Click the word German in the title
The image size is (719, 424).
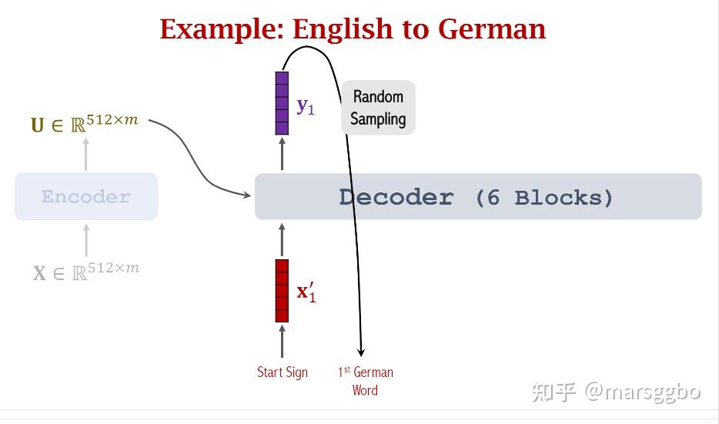[x=492, y=29]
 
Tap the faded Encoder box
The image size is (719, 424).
[x=86, y=196]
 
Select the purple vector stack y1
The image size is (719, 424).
[x=282, y=103]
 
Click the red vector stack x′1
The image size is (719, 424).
[x=282, y=291]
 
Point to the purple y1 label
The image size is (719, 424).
[x=306, y=106]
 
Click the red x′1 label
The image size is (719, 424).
[x=306, y=292]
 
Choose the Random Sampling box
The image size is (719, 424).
[x=378, y=107]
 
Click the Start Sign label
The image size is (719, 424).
[x=282, y=372]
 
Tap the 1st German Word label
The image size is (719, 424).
[x=366, y=381]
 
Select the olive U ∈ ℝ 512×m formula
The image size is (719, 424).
[x=85, y=123]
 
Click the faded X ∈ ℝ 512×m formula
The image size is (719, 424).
[x=85, y=272]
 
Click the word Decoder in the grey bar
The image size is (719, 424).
[x=396, y=198]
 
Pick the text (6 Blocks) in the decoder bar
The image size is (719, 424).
[x=544, y=198]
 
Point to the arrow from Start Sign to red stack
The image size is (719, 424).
[x=282, y=341]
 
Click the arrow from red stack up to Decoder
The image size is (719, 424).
[x=282, y=240]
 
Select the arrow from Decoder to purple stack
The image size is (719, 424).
[x=282, y=154]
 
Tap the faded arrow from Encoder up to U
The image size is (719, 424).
[x=85, y=154]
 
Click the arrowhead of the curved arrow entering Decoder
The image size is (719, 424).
[x=246, y=195]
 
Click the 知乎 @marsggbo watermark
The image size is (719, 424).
[x=616, y=392]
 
